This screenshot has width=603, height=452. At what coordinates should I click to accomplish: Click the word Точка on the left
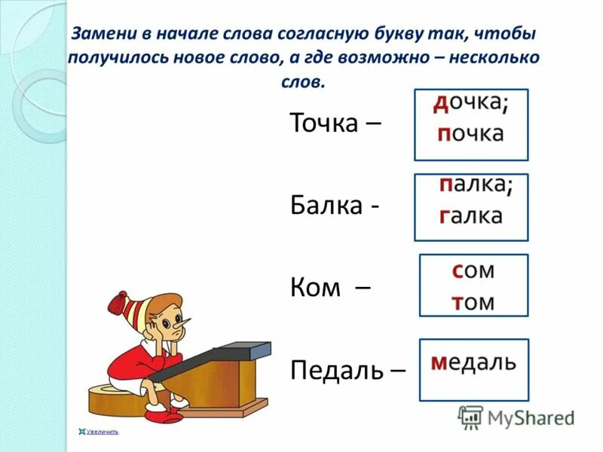323,124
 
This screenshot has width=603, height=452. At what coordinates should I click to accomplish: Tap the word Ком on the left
316,287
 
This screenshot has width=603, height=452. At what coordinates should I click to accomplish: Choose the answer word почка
470,134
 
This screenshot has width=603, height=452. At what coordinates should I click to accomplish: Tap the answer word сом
473,270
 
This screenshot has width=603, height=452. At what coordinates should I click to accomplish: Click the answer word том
473,301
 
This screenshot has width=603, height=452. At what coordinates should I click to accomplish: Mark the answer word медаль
473,362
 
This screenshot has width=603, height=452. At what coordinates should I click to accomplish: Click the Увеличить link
103,432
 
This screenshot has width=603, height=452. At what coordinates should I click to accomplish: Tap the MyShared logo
517,416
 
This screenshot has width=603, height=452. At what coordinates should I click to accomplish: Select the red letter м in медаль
439,363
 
